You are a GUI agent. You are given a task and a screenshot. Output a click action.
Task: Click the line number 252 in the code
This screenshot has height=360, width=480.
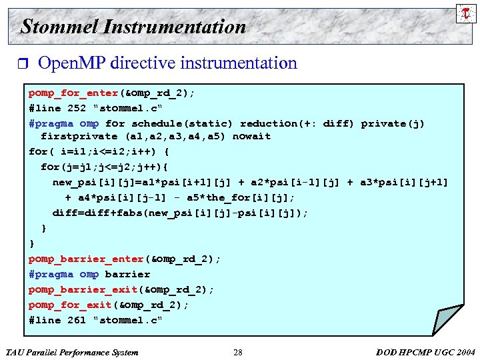(x=77, y=108)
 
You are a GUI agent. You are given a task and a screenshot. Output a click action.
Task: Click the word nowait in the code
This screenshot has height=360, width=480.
(x=251, y=136)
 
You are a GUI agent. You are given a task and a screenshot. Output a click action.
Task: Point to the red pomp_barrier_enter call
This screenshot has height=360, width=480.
(x=86, y=259)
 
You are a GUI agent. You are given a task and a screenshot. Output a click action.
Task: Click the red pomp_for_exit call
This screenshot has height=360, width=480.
(x=71, y=305)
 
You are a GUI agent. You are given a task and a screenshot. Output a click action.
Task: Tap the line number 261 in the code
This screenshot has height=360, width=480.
(x=77, y=320)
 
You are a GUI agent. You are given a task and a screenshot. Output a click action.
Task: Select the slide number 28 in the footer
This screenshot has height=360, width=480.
(x=238, y=352)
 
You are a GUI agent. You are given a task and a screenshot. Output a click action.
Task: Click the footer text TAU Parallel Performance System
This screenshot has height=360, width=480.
(x=71, y=352)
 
